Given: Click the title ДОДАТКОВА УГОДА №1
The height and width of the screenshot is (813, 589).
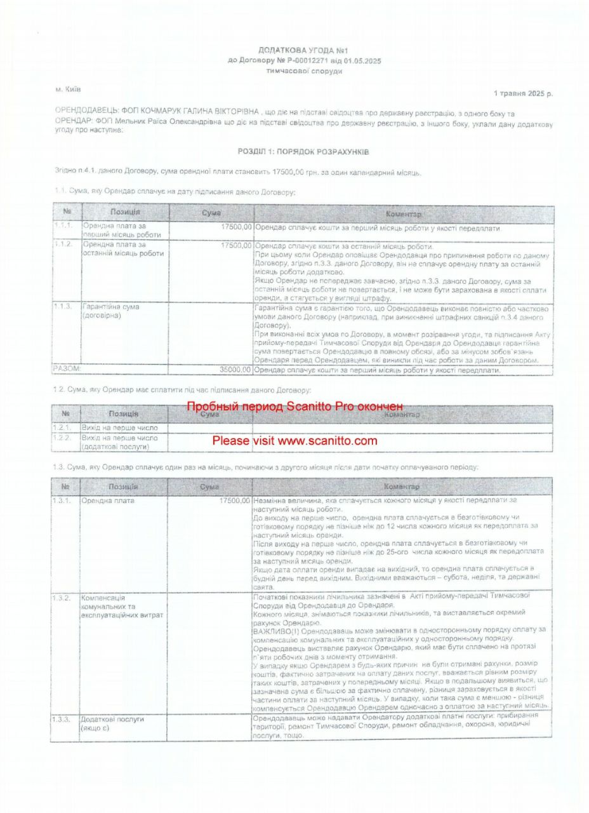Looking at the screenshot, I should click(304, 50).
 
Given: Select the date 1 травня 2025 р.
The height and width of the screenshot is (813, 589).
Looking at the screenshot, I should click(522, 93).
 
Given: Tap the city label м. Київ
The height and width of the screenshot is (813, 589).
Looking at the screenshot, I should click(69, 90).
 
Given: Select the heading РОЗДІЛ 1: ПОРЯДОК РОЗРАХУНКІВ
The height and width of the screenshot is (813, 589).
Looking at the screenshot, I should click(303, 152).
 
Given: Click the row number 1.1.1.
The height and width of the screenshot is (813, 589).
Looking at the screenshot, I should click(63, 227).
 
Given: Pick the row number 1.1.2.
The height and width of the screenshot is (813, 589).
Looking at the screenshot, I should click(63, 245).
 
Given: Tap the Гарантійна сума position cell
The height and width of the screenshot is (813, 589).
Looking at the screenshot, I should click(112, 311).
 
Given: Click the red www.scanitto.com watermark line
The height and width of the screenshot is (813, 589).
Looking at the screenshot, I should click(294, 441).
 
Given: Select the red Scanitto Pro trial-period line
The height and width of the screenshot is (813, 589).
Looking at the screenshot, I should click(294, 406).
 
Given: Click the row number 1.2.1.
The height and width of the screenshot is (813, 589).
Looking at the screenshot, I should click(64, 428).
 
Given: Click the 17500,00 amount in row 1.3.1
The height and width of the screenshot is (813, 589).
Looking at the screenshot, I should click(234, 501).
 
